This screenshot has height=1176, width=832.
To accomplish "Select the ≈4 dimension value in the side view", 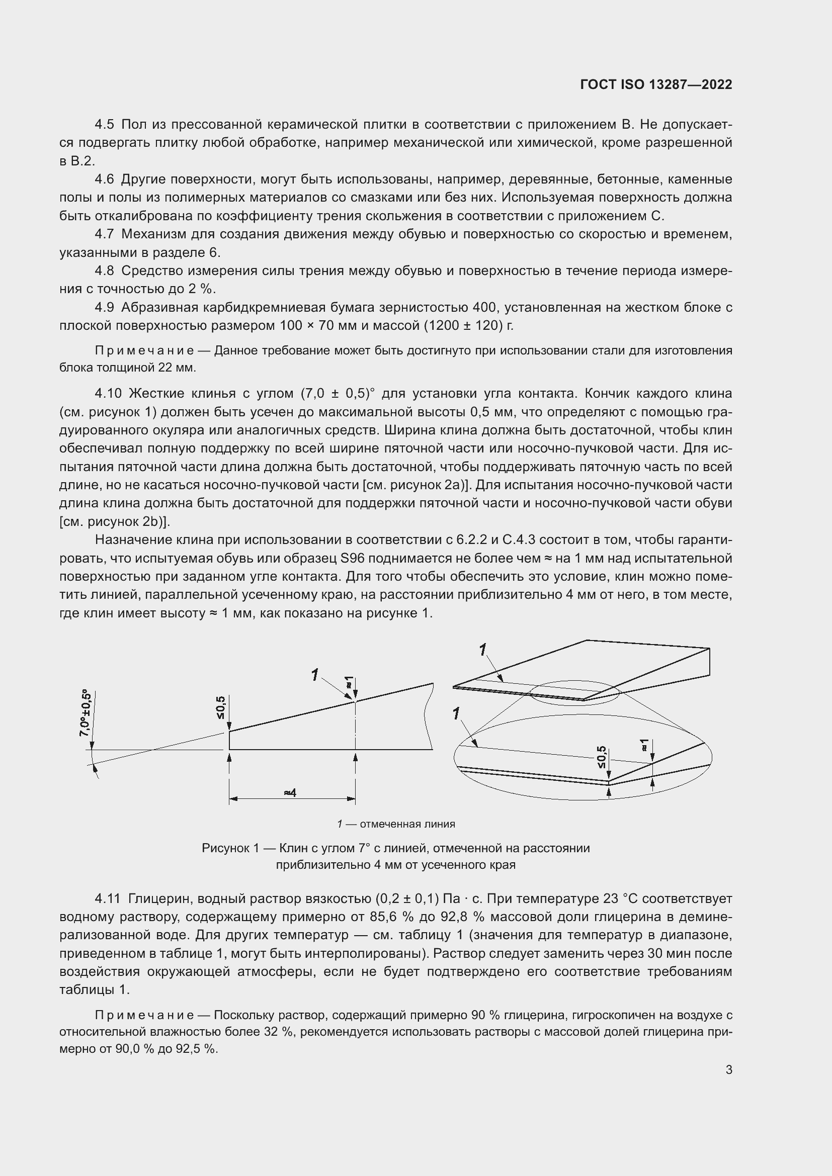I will coord(290,792).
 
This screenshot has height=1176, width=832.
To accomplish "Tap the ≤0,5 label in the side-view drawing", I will coord(220,707).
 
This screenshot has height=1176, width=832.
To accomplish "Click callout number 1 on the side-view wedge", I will coord(315,675).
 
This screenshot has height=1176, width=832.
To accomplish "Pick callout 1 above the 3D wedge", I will coord(482,650).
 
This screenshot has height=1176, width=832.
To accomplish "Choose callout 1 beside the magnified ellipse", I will coord(456,713).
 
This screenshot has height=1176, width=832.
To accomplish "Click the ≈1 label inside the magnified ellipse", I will coord(644,745).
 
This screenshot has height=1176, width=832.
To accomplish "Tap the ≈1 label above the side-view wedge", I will coord(349,682).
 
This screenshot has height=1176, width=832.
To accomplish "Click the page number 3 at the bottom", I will coord(728,1069).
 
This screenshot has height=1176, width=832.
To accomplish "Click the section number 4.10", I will coord(108,393).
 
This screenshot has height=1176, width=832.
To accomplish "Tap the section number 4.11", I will coord(108,898).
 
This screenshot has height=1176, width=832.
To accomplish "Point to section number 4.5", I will coord(105,125).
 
